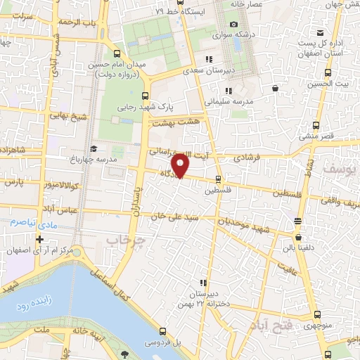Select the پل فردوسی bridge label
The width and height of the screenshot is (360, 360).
[163, 343]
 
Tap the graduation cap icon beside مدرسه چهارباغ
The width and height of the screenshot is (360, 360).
[94, 148]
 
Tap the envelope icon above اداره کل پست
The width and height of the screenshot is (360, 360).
[321, 32]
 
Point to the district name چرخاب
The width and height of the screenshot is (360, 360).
[120, 240]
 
